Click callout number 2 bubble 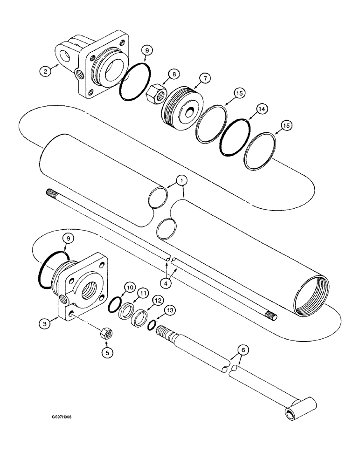(45, 71)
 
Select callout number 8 (173, 73)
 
